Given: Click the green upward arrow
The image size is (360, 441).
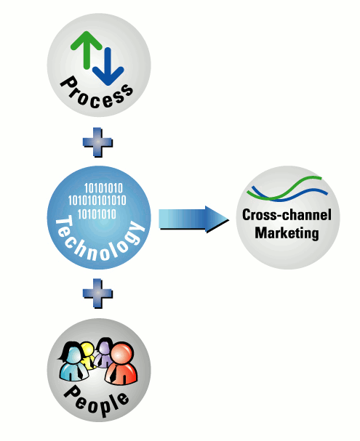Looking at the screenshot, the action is [x=87, y=49].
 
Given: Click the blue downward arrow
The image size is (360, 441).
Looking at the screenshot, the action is [x=108, y=68].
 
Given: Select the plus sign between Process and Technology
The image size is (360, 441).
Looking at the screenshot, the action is [x=97, y=142].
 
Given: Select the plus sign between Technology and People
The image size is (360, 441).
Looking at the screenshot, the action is [x=97, y=294].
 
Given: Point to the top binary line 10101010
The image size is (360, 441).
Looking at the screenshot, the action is [x=103, y=188].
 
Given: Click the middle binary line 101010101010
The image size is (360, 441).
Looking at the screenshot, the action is [x=97, y=201].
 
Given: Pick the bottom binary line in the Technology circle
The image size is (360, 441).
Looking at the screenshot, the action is [x=97, y=214].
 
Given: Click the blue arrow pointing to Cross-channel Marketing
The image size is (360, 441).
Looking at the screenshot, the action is [x=193, y=219].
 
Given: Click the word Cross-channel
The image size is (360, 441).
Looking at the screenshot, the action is [x=287, y=215].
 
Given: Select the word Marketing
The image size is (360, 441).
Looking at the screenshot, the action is [x=287, y=233].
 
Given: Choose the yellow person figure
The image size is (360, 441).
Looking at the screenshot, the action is [x=88, y=355].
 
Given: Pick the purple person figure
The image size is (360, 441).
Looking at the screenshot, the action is [x=103, y=353].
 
